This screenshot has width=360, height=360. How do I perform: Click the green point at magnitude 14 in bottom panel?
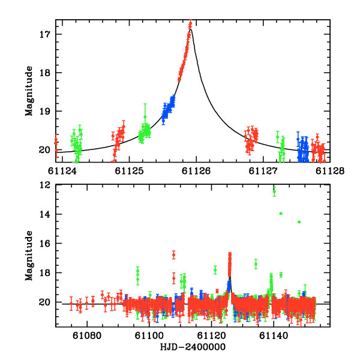point(281,214)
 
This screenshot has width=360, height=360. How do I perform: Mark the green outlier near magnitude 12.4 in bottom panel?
point(274,191)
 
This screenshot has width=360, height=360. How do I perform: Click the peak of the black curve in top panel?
point(191,28)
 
